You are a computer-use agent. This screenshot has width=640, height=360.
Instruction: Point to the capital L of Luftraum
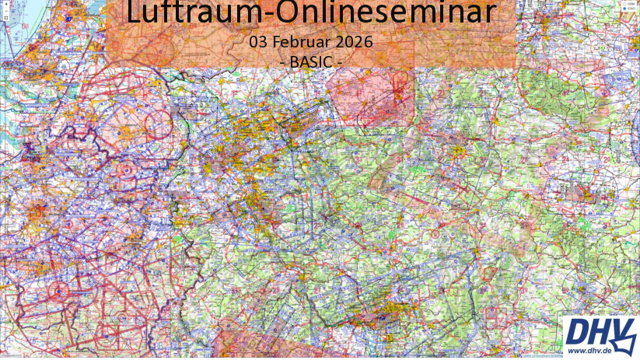tap(132, 13)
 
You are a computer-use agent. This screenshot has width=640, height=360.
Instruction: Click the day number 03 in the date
tap(253, 41)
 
